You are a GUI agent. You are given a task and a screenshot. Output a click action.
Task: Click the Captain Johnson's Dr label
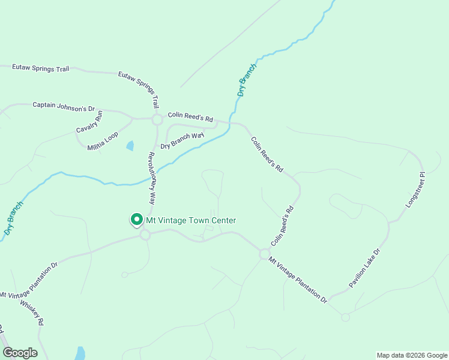(64, 106)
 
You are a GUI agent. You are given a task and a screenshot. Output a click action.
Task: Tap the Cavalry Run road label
(89, 122)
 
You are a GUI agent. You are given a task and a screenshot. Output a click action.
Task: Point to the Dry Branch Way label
(182, 140)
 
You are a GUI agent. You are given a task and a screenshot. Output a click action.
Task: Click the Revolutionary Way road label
(152, 179)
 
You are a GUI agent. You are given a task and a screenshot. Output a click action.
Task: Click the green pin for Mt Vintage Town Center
(136, 220)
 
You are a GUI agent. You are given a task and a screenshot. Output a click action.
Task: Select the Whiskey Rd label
(31, 313)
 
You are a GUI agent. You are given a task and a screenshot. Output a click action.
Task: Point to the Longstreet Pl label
(415, 190)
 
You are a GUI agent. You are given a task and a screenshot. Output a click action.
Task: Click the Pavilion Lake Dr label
(364, 268)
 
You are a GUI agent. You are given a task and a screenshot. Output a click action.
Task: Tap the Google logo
(20, 353)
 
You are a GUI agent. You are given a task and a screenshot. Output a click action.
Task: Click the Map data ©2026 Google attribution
(411, 355)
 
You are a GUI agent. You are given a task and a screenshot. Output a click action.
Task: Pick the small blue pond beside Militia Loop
(130, 146)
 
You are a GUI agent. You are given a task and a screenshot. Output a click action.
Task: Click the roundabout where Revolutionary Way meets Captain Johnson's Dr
(157, 120)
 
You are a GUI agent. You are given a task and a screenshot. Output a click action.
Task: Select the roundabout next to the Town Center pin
(145, 235)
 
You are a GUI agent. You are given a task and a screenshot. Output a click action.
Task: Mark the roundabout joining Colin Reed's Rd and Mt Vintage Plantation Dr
(264, 254)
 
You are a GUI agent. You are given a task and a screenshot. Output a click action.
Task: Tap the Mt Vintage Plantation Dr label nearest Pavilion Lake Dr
(298, 280)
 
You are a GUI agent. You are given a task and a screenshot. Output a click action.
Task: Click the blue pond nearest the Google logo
(79, 353)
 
